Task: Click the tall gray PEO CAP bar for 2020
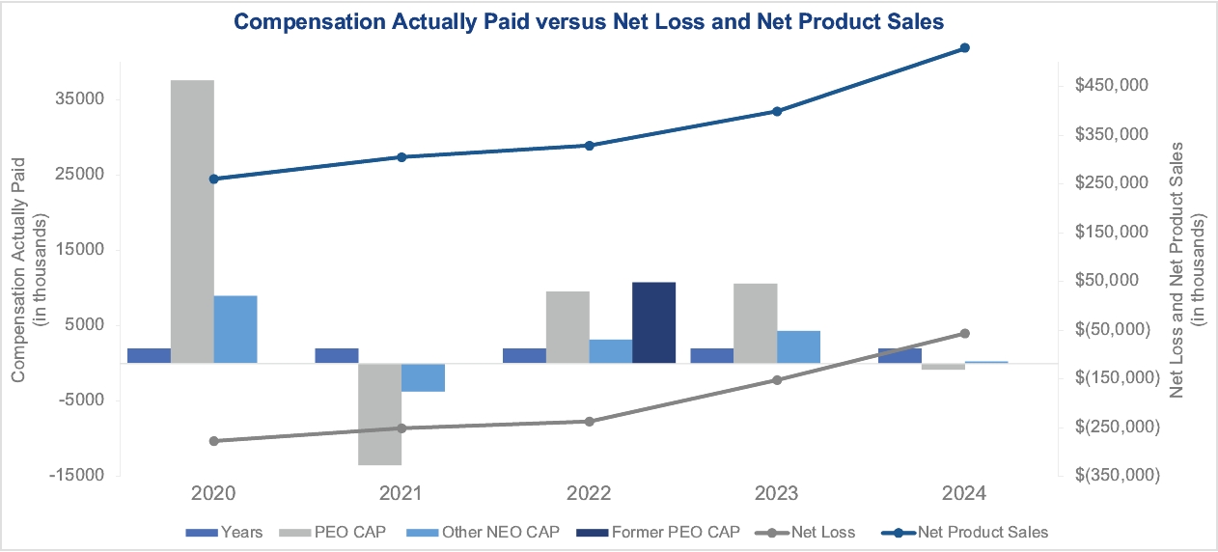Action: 192,221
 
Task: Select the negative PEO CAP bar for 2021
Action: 380,414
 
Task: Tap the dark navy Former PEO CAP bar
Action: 653,322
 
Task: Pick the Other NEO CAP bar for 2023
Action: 798,346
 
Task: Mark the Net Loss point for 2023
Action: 777,380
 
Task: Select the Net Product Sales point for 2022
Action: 590,146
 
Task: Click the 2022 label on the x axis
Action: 589,494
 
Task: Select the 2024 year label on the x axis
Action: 964,494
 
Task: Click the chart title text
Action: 589,21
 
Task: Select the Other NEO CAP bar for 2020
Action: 235,329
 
